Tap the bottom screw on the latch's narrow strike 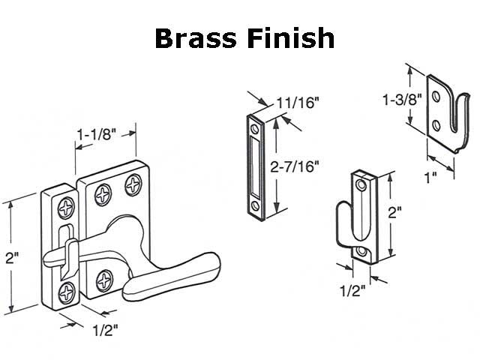(67, 289)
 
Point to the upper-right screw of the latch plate (133, 181)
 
